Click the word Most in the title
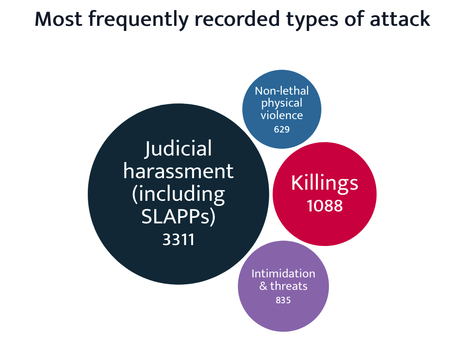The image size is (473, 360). click(58, 19)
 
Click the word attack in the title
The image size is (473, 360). click(400, 19)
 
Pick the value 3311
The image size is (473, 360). click(178, 240)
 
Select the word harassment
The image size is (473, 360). click(178, 171)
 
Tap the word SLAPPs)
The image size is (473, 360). click(178, 216)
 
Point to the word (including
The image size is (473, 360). click(178, 194)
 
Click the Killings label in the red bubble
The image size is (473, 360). click(325, 183)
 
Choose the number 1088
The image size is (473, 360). click(325, 206)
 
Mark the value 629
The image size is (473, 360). click(282, 129)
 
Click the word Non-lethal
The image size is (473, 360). click(282, 91)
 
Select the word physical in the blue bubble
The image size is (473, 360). click(282, 103)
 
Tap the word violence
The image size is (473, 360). click(282, 115)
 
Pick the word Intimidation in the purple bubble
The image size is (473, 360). click(283, 274)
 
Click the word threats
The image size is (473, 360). click(289, 286)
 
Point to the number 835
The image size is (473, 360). click(283, 300)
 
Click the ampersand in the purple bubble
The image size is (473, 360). click(263, 286)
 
